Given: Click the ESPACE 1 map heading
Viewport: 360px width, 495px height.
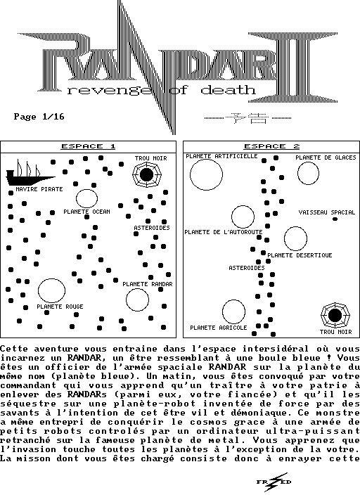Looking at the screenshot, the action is [x=88, y=146].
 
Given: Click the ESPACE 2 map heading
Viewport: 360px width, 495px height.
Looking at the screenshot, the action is [x=271, y=146].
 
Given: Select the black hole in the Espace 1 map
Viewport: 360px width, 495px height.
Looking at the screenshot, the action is [x=146, y=174].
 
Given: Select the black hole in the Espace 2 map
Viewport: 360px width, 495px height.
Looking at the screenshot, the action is [x=335, y=315].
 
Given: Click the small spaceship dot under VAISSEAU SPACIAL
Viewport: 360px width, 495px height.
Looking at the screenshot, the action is [x=335, y=219].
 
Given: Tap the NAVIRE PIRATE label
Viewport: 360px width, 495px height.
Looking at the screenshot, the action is [x=39, y=189].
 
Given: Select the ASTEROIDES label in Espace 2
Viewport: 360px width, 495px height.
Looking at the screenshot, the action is [x=247, y=268].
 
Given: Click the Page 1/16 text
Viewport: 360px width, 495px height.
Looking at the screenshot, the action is [x=39, y=117].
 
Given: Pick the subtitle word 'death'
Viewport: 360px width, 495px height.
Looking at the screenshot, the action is [x=228, y=90].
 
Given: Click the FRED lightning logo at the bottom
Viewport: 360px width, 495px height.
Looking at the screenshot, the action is [x=274, y=482].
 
